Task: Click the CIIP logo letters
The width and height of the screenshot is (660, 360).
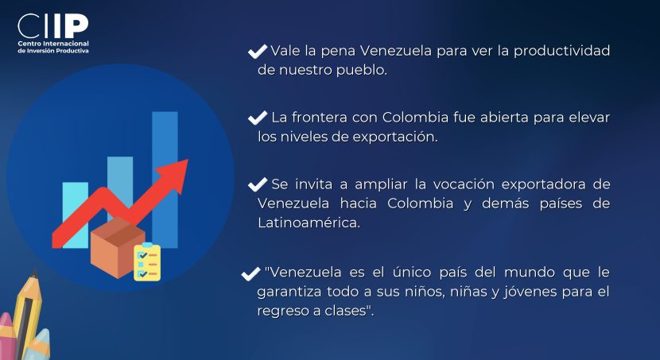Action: point(53,26)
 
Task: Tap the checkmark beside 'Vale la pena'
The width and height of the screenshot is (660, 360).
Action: point(258,52)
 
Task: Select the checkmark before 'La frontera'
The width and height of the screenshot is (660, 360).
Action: point(258,118)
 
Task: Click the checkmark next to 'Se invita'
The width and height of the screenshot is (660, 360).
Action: point(258,184)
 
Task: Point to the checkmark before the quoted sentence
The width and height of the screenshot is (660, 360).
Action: point(250,274)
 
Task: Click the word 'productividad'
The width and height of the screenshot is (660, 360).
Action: point(562,51)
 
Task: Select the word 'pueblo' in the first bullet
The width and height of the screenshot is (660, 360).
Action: point(360,70)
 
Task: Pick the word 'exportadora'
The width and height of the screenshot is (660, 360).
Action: point(543,184)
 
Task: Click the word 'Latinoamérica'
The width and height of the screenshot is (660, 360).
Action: point(309,223)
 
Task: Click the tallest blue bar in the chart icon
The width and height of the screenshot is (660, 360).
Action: point(165,180)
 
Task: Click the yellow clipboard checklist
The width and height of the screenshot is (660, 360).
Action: point(147,262)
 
